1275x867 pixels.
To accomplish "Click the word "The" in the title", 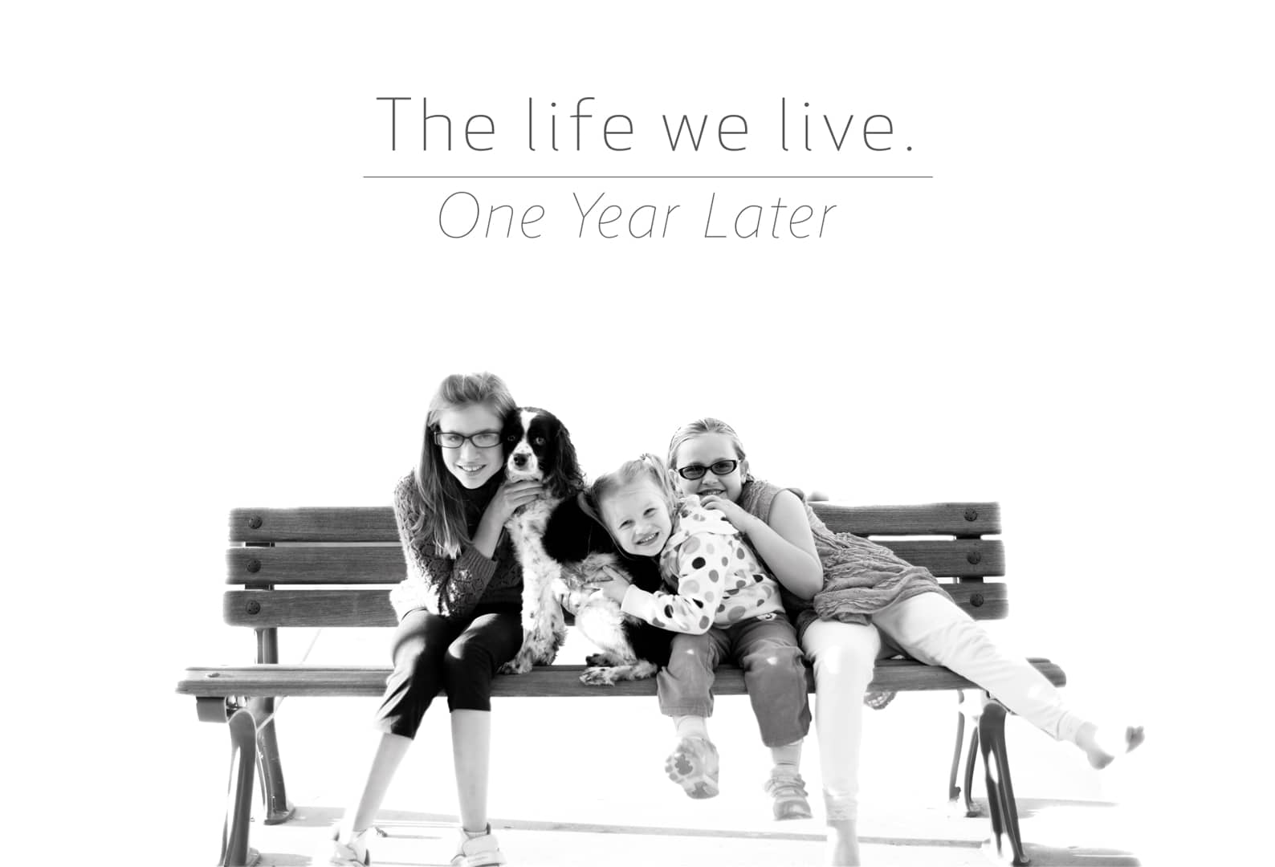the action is click(x=436, y=124).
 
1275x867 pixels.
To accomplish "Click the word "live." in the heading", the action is click(x=846, y=124).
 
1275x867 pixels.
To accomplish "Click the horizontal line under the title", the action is click(x=648, y=177).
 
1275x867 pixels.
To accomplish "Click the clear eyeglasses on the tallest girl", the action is click(x=468, y=439).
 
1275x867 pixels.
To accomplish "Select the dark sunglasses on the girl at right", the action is click(x=708, y=470).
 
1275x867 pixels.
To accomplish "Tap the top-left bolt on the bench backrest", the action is click(x=255, y=522).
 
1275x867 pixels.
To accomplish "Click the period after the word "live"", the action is click(x=908, y=149).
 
